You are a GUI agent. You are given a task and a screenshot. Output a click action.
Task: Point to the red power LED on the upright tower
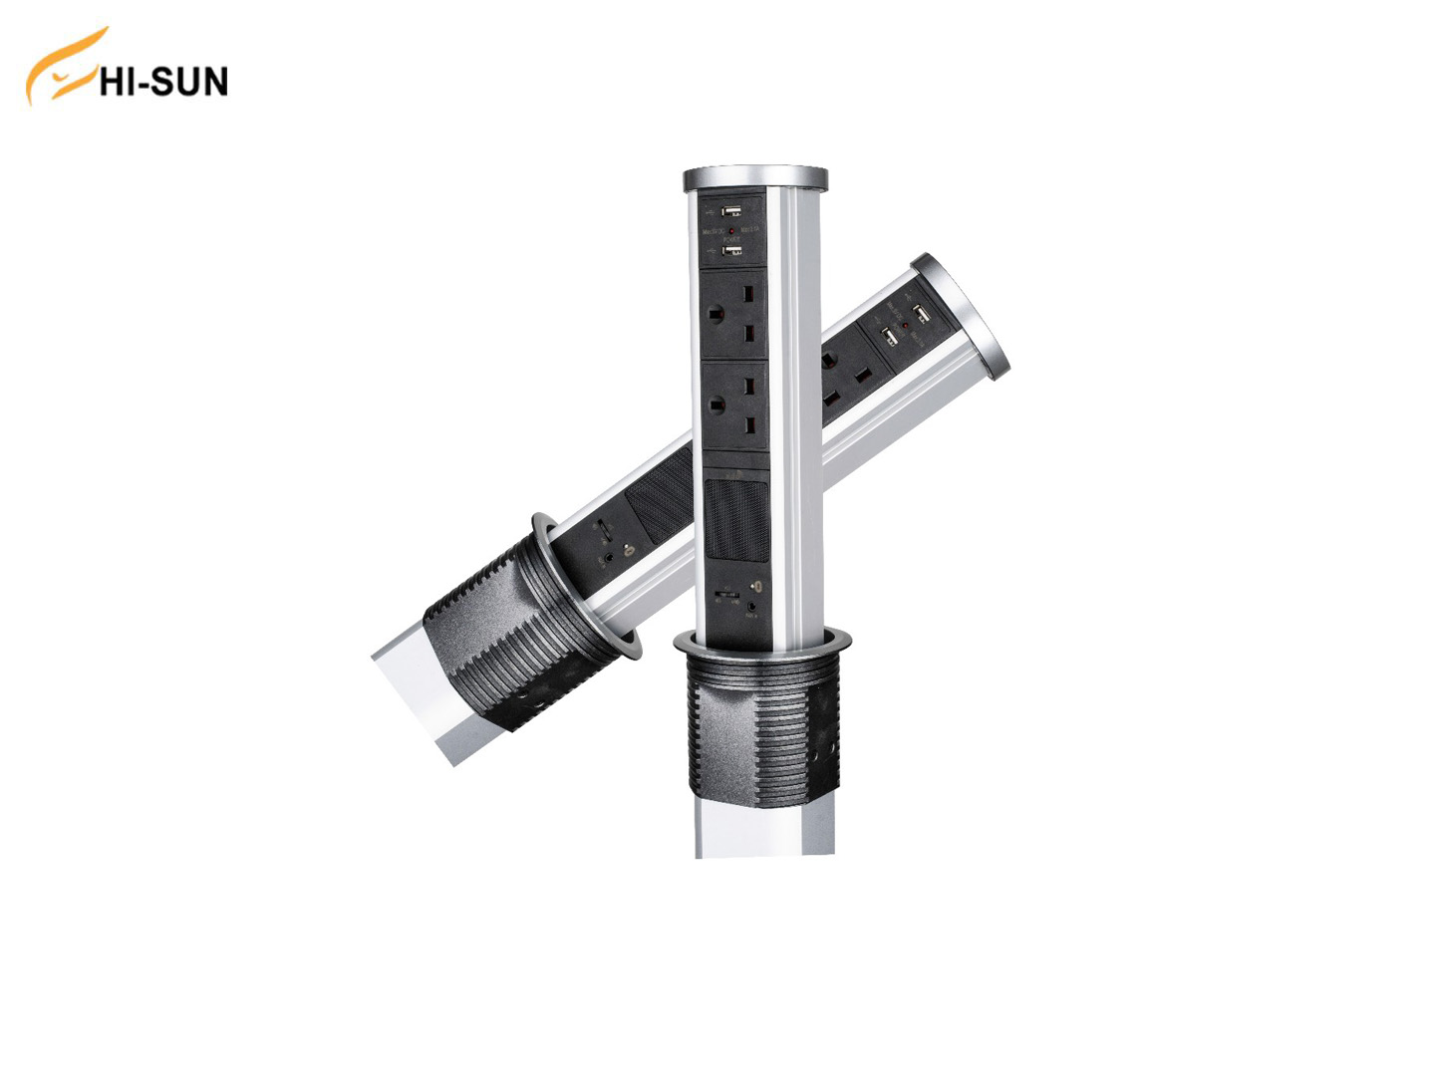pos(733,231)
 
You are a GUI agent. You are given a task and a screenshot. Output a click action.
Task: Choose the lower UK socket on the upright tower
pos(733,405)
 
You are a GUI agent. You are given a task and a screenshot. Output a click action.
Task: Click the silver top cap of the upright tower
pos(755,179)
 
